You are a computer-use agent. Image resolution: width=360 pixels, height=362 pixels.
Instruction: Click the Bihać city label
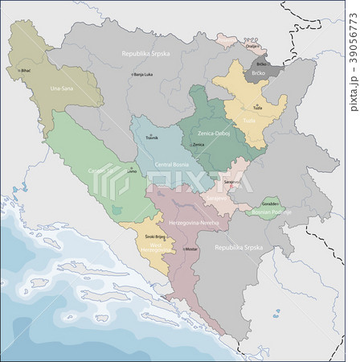(27, 71)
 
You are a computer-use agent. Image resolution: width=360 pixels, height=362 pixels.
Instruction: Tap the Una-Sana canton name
(62, 88)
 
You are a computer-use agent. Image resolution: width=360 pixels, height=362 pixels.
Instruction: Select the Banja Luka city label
(143, 75)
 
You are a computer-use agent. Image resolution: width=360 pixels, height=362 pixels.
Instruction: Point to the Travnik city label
(152, 138)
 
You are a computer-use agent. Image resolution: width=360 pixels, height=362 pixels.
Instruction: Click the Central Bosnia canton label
(171, 163)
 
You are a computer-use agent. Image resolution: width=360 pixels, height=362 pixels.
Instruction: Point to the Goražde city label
(270, 205)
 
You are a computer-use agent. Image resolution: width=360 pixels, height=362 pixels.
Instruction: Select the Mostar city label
(190, 249)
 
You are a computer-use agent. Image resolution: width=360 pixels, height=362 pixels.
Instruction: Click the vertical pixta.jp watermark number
(353, 57)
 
